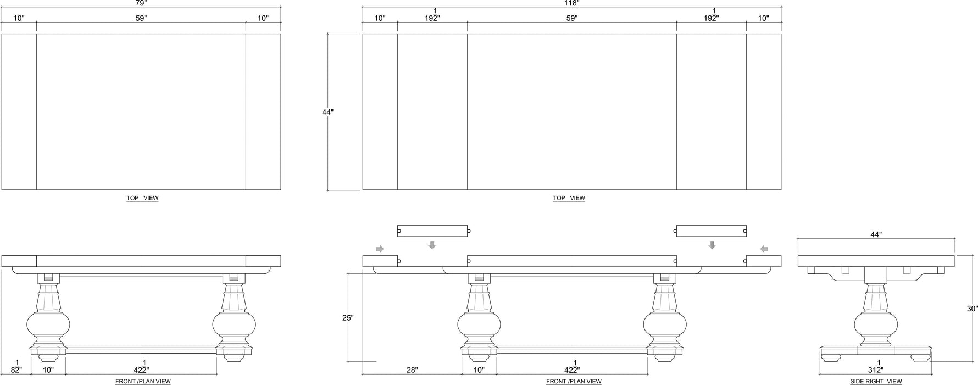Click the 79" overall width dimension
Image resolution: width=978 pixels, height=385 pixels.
coord(141,3)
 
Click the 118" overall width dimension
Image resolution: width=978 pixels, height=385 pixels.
coord(571,3)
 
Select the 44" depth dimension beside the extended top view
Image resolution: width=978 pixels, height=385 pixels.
coord(327,112)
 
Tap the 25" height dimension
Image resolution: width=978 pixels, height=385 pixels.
coord(348,318)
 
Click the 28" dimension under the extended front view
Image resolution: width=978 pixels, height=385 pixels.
coord(412,370)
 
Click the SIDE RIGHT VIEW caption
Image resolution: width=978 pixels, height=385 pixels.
coord(876,381)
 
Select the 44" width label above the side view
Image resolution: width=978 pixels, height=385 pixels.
coord(876,234)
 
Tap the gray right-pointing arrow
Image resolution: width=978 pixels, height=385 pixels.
coord(380,249)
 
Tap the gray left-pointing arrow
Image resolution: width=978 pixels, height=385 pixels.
coord(764,249)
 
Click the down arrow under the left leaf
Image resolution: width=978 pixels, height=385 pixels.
coord(432,245)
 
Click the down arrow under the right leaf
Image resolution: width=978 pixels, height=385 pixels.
coord(712,245)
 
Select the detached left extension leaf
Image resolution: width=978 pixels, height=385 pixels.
coord(432,231)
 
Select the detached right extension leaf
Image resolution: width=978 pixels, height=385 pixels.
coord(711,231)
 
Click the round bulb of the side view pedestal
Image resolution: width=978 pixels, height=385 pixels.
coord(876,323)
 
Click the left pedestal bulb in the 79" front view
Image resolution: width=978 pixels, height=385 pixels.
coord(48,324)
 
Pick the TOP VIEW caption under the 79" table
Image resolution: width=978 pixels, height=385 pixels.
coord(142,198)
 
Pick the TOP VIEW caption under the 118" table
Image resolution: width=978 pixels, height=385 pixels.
coord(569,198)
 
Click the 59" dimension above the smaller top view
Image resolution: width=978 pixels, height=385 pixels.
coord(141,18)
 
